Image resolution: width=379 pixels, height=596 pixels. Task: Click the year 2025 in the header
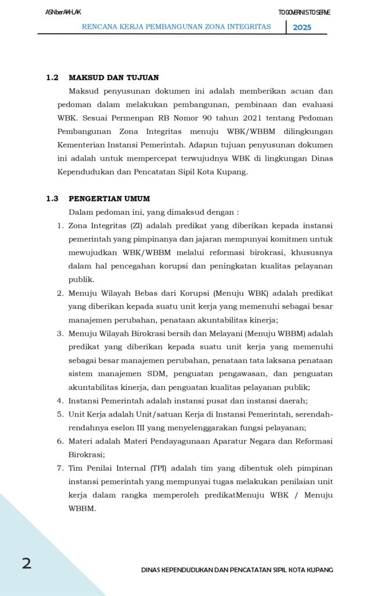click(x=302, y=27)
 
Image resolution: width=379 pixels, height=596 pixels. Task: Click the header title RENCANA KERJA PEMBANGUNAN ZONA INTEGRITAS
click(x=177, y=27)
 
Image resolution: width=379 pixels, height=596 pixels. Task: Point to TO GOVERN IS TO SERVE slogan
click(x=304, y=13)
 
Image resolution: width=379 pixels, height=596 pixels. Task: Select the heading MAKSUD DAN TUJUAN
click(x=114, y=77)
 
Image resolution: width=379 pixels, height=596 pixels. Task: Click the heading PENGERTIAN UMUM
click(x=109, y=198)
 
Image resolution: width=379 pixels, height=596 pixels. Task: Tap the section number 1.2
click(x=52, y=77)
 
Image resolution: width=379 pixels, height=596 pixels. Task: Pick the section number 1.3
click(x=52, y=198)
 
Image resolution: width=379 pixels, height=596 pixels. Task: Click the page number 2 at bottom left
click(x=27, y=563)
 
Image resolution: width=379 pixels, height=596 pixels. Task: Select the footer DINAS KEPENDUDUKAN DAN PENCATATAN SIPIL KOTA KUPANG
click(x=237, y=570)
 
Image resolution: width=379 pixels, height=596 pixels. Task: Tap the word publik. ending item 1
click(x=81, y=279)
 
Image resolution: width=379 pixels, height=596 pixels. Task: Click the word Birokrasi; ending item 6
click(x=87, y=455)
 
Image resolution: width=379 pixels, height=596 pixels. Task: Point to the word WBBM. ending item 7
click(x=82, y=508)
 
